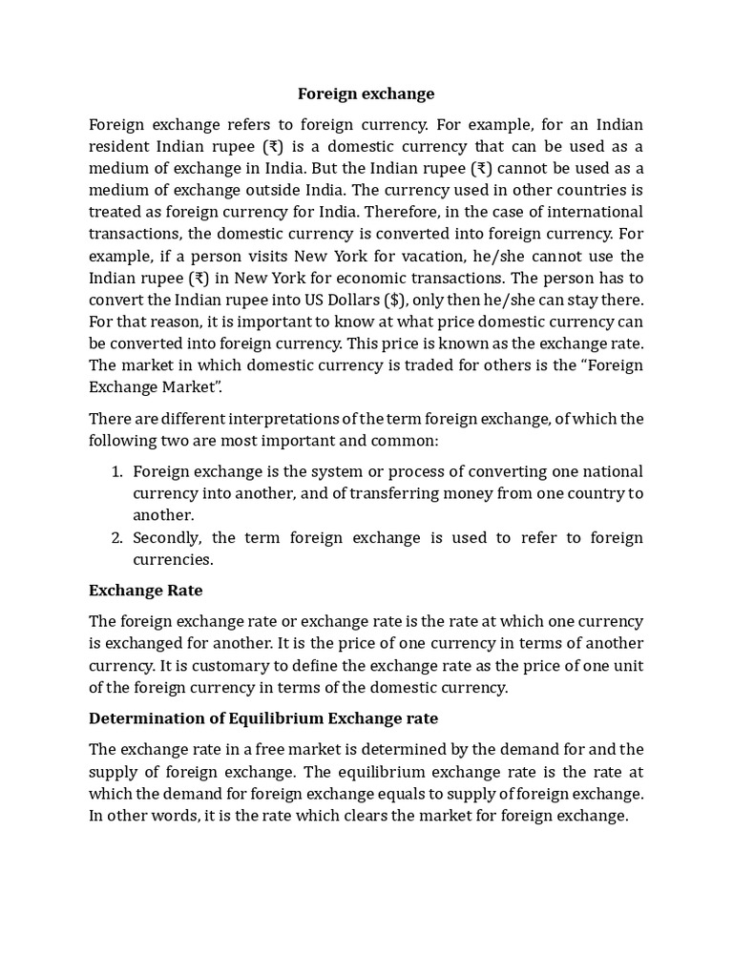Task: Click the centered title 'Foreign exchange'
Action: click(366, 94)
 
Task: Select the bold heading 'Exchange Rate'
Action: click(145, 591)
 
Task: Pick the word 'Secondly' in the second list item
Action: click(166, 538)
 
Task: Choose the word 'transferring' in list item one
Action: click(383, 493)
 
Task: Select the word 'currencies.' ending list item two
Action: click(173, 560)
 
